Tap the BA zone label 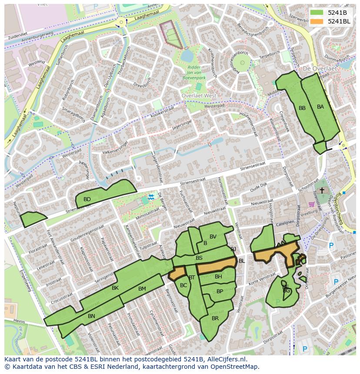[x=320, y=107]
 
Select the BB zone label [x=302, y=108]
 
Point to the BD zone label [x=87, y=199]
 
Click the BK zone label [x=115, y=288]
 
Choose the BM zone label [x=142, y=289]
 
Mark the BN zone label [x=91, y=316]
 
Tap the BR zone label [x=215, y=318]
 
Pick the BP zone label [x=220, y=291]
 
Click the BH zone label [x=218, y=277]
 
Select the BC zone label [x=183, y=285]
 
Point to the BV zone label [x=213, y=237]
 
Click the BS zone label [x=199, y=258]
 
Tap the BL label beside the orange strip [x=242, y=261]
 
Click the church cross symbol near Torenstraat [x=322, y=191]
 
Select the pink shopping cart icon [x=311, y=204]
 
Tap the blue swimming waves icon [x=150, y=197]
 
